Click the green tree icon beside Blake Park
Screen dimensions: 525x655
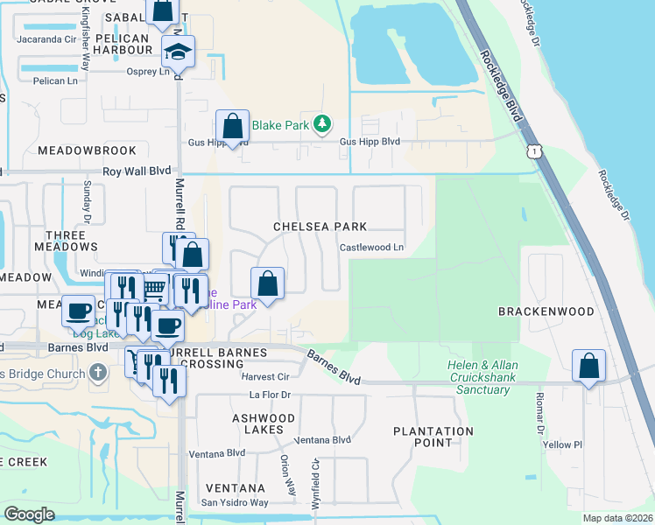(x=323, y=125)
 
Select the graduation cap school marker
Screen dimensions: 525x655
(x=178, y=52)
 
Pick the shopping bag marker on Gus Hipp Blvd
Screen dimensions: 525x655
(x=232, y=126)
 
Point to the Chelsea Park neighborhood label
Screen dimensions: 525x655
(x=319, y=227)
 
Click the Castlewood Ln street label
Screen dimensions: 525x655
(x=372, y=248)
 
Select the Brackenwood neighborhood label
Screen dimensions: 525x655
(x=534, y=311)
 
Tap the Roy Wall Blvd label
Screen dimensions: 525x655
(x=136, y=172)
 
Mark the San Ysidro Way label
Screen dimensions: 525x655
(x=235, y=502)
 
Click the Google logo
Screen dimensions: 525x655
(x=30, y=514)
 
